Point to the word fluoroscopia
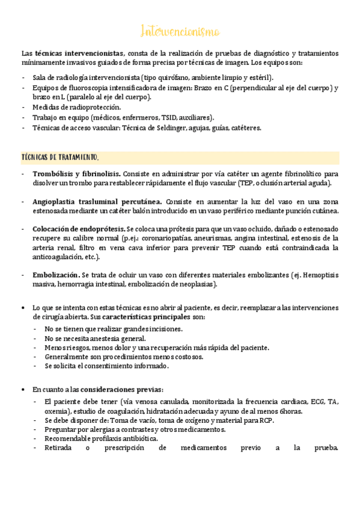point(90,88)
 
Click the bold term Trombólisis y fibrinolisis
point(76,173)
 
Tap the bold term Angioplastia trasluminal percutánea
point(97,201)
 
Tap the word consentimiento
point(105,366)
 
